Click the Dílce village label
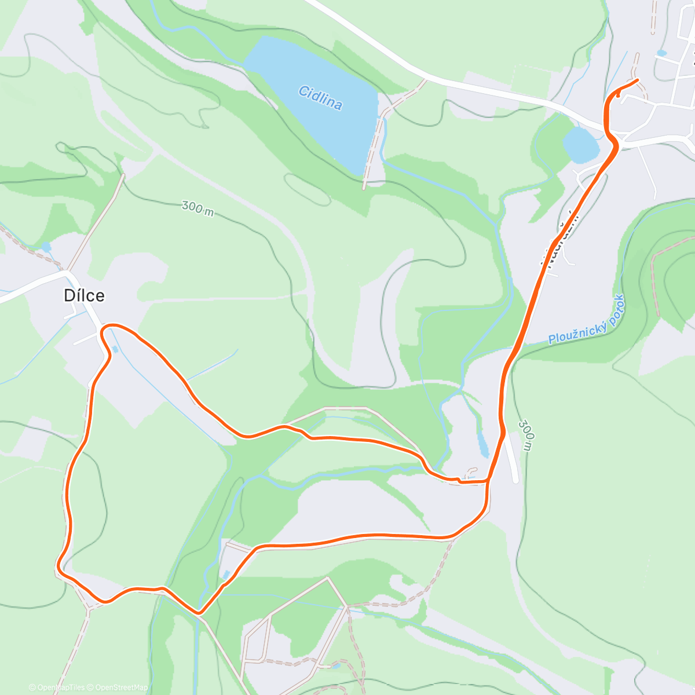click(84, 296)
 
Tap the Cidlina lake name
click(320, 98)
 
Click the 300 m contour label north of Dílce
click(197, 208)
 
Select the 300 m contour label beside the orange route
click(526, 436)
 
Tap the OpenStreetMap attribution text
click(121, 687)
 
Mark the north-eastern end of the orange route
click(637, 80)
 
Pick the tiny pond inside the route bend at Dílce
click(115, 349)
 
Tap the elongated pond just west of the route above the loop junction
click(482, 443)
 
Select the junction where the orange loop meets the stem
click(488, 480)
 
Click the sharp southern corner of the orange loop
click(199, 612)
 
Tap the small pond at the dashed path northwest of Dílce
click(46, 248)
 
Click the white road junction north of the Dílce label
click(68, 271)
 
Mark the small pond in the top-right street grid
click(661, 53)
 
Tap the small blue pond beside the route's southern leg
click(227, 574)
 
